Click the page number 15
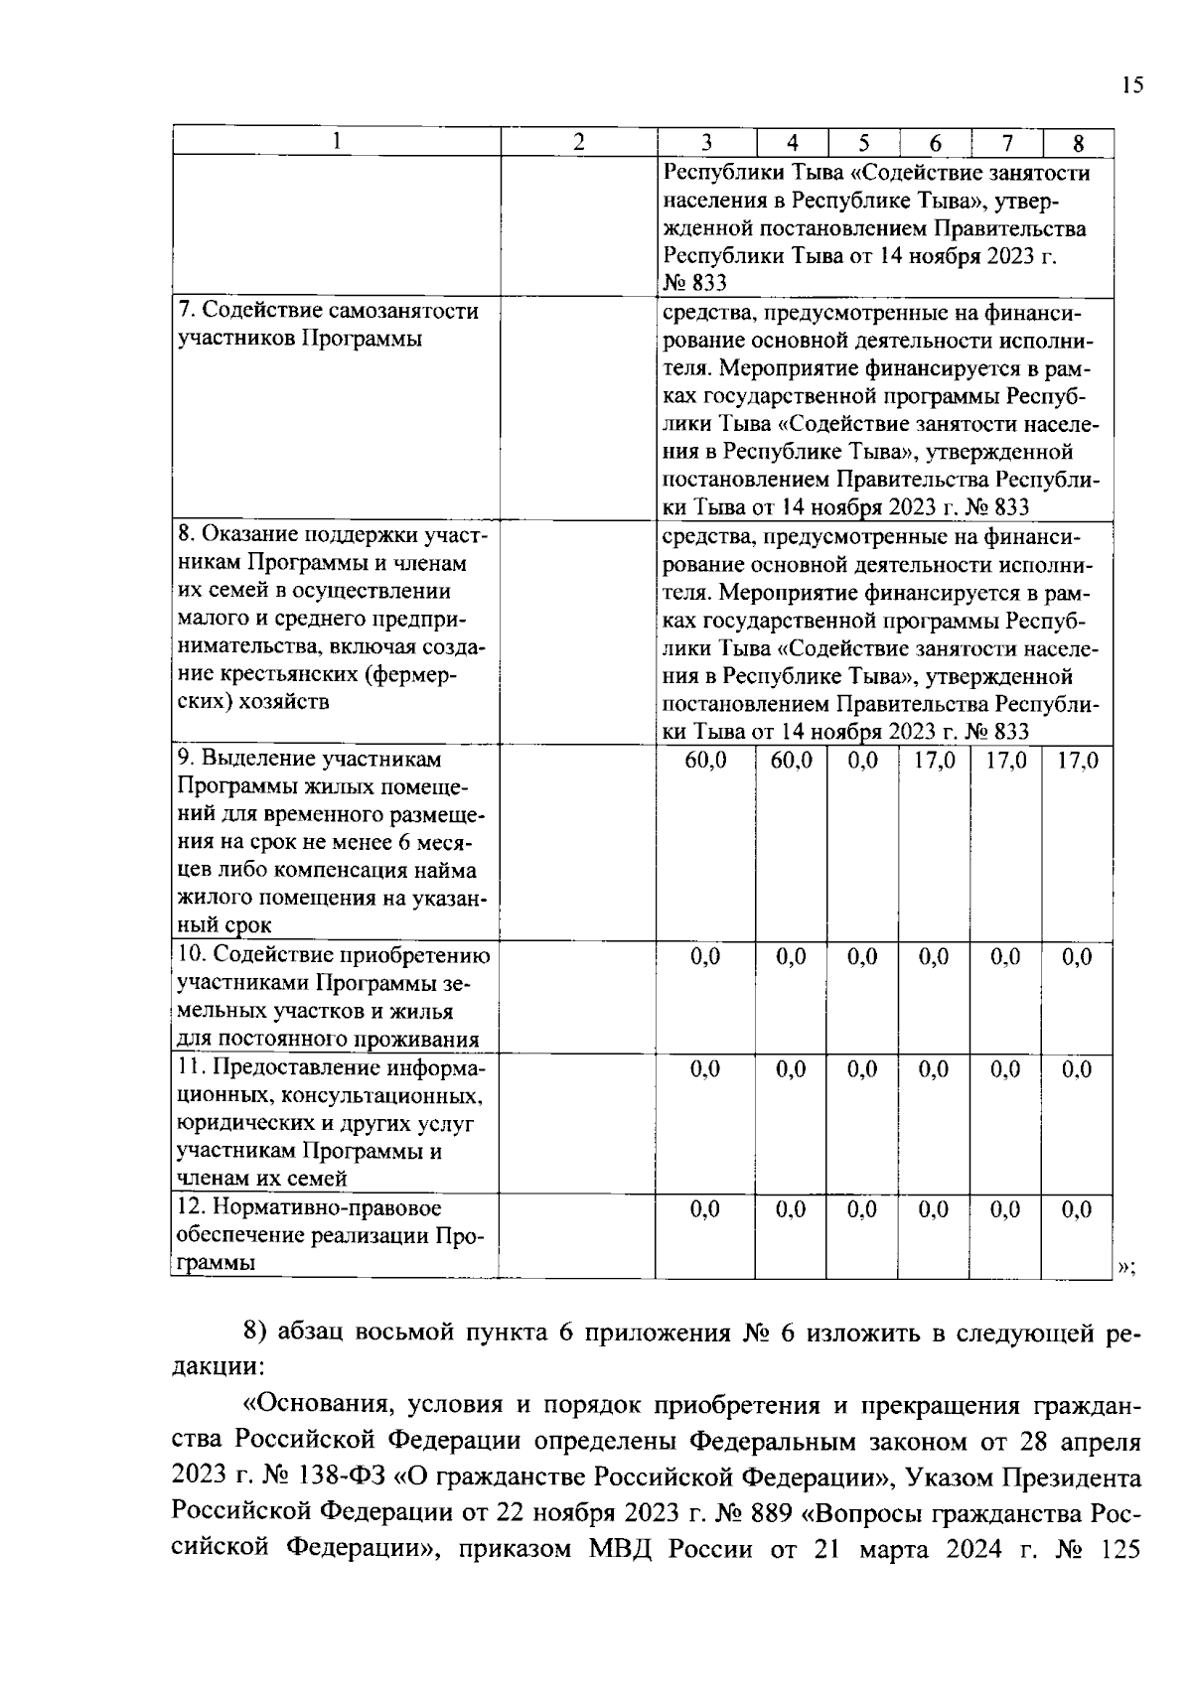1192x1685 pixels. coord(1132,85)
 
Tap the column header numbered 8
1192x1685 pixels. coord(1078,143)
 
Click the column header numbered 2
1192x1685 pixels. coord(578,142)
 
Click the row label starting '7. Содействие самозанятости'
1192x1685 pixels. coord(328,312)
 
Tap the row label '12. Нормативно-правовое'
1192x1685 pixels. coord(309,1208)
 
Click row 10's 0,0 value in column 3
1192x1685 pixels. coord(706,956)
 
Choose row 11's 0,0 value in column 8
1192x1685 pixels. coord(1077,1069)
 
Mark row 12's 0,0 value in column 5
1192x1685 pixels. coord(863,1209)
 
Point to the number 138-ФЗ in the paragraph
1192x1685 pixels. coord(342,1476)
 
